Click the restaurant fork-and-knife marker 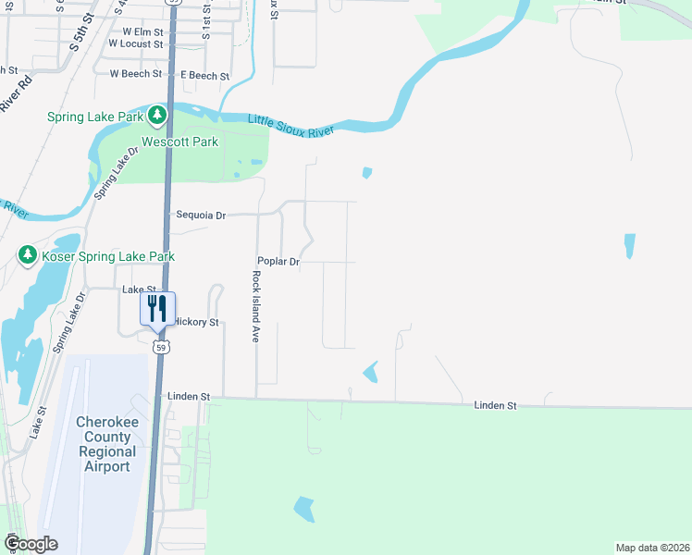[x=157, y=307]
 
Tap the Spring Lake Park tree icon [x=157, y=117]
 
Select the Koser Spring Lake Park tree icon [x=28, y=255]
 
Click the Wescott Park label [x=179, y=142]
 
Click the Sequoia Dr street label [x=201, y=216]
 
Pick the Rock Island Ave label [x=255, y=306]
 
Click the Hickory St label [x=197, y=322]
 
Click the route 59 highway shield [x=161, y=347]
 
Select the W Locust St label [x=135, y=43]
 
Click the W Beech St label [x=135, y=73]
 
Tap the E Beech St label [x=205, y=74]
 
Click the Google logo [x=31, y=543]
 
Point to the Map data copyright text [x=651, y=548]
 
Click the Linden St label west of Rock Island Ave [x=189, y=396]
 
